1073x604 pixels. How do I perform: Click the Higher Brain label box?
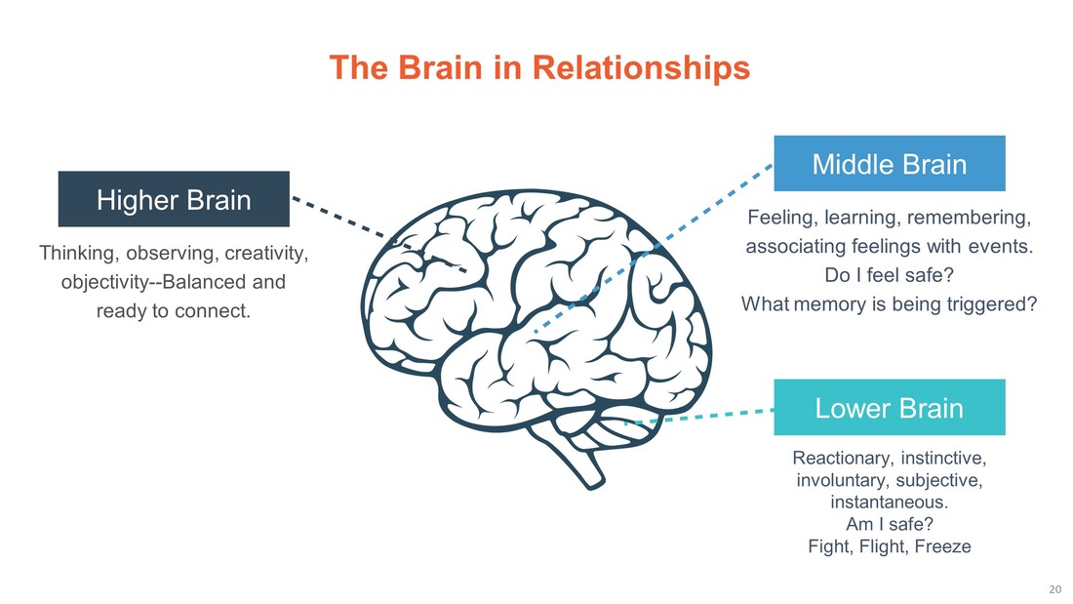pyautogui.click(x=174, y=200)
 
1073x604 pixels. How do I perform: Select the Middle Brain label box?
pyautogui.click(x=889, y=164)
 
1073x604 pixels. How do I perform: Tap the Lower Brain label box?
pyautogui.click(x=889, y=408)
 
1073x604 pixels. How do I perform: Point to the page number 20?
pyautogui.click(x=1053, y=589)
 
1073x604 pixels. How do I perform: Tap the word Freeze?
pyautogui.click(x=943, y=546)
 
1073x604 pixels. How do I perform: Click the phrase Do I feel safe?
pyautogui.click(x=889, y=275)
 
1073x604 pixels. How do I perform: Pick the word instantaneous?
pyautogui.click(x=889, y=503)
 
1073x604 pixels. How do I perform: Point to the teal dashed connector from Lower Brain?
pyautogui.click(x=722, y=414)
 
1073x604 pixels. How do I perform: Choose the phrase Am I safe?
pyautogui.click(x=889, y=525)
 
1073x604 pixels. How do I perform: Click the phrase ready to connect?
pyautogui.click(x=174, y=312)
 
